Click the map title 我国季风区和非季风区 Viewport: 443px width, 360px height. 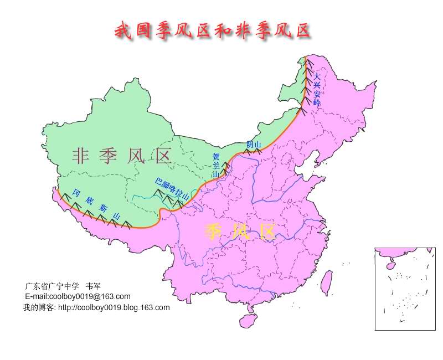[212, 30]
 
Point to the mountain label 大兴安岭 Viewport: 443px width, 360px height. [317, 89]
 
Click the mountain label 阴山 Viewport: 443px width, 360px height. [254, 145]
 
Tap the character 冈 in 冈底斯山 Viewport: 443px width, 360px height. [76, 194]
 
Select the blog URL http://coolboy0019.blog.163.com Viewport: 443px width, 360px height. [114, 307]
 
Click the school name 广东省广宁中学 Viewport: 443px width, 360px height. [50, 286]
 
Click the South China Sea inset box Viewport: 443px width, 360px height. [405, 289]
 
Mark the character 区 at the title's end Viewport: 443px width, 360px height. [301, 30]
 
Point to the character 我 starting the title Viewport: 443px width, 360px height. [123, 30]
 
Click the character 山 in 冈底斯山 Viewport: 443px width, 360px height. [116, 215]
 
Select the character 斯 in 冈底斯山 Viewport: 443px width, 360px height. [103, 208]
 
